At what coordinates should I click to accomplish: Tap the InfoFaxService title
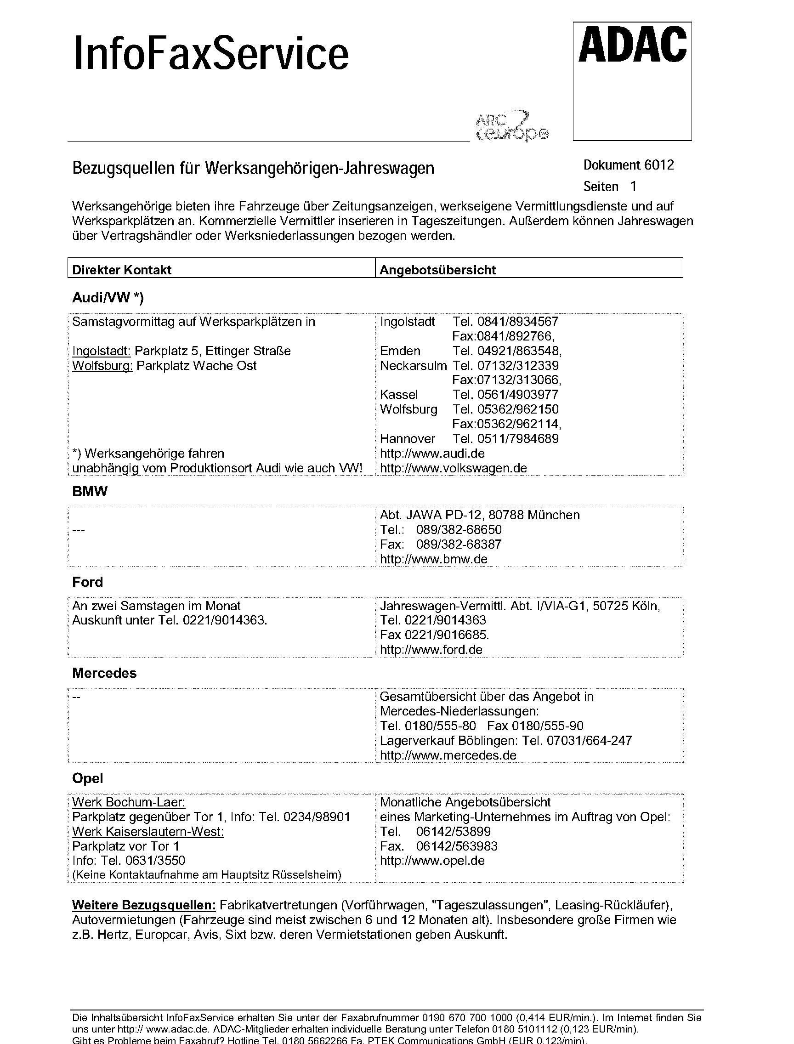211,55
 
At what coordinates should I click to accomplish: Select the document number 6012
628,165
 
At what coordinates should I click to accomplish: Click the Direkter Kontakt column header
121,270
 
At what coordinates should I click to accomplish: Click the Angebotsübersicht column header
437,270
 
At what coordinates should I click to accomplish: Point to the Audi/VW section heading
108,297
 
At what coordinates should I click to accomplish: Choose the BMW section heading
90,492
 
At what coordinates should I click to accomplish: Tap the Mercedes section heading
104,673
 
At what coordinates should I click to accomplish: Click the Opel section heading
87,778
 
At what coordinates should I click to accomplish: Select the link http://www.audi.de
432,453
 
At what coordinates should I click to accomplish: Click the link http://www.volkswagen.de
453,468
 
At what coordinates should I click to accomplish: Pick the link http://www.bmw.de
433,559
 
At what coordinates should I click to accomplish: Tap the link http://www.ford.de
431,649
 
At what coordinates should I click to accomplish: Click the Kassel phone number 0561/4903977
517,395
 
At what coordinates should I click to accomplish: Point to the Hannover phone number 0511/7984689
517,438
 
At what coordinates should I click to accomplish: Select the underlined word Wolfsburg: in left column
102,366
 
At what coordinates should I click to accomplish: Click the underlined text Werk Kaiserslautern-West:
148,831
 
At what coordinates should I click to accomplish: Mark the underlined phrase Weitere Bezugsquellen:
144,905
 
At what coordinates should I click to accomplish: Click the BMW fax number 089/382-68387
459,544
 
